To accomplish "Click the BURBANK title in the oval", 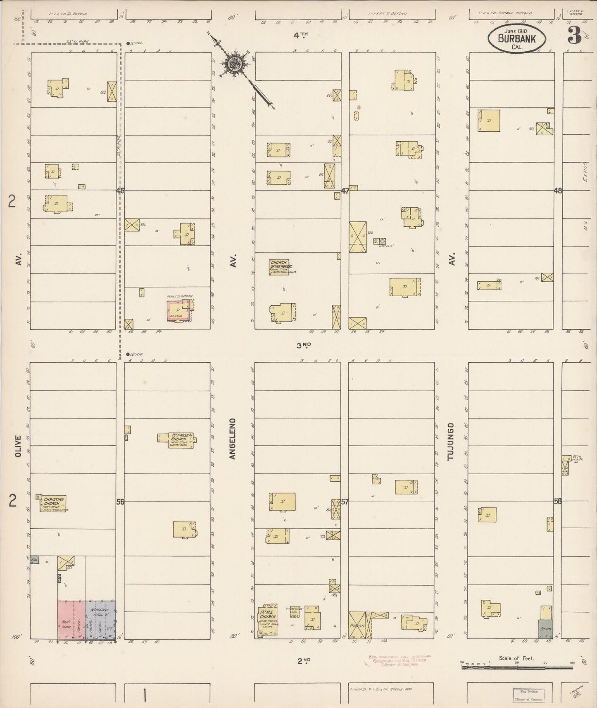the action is click(x=516, y=38).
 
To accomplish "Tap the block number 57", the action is click(x=345, y=502).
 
